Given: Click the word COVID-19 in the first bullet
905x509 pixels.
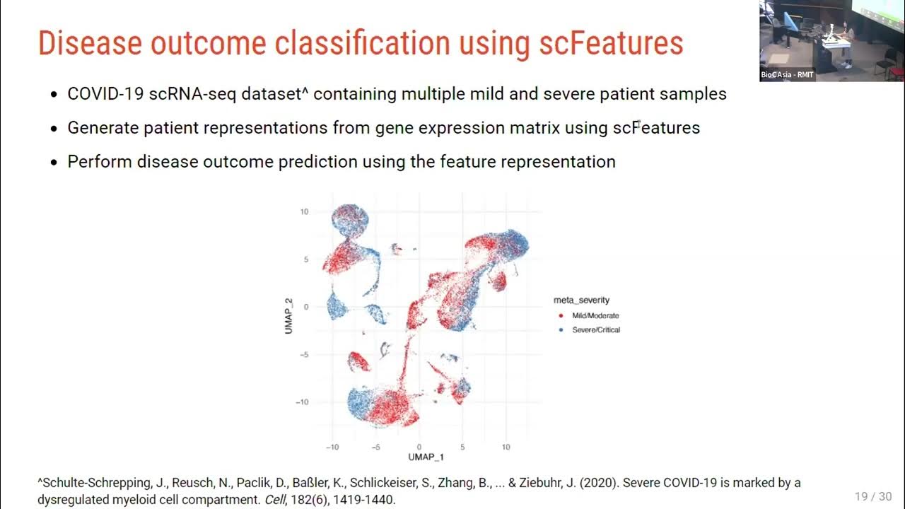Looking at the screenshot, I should point(105,94).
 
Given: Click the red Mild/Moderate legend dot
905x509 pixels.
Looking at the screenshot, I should point(561,316).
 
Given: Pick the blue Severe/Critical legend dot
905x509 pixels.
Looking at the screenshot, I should point(561,330).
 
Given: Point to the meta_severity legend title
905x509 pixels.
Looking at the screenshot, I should point(581,300).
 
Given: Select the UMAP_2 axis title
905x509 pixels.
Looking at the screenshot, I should point(288,315).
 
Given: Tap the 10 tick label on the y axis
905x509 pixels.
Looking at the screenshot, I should point(304,211).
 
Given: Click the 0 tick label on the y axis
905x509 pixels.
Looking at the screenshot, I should point(306,307).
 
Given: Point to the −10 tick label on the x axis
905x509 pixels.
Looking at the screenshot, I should point(332,447).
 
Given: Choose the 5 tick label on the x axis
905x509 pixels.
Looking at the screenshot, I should point(462,447).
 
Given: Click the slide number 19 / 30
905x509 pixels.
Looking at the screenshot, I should point(873,496).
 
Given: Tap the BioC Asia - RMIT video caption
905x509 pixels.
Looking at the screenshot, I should point(787,75).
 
